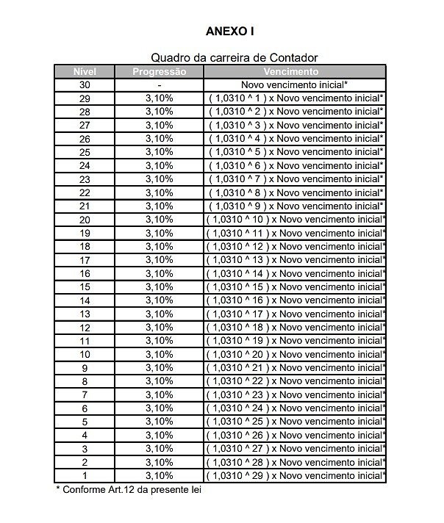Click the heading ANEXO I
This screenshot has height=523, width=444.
pyautogui.click(x=230, y=32)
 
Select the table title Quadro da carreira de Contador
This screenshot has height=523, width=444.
pyautogui.click(x=234, y=57)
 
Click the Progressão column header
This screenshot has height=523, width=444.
pyautogui.click(x=159, y=71)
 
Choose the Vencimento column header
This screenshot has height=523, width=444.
pyautogui.click(x=294, y=71)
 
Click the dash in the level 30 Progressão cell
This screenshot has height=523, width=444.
pyautogui.click(x=159, y=85)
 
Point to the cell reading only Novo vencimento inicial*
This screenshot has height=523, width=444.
pyautogui.click(x=294, y=84)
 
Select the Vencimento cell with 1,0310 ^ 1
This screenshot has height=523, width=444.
pyautogui.click(x=295, y=98)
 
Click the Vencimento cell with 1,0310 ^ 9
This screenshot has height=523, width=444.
pyautogui.click(x=295, y=206)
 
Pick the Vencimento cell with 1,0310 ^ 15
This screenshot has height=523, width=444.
pyautogui.click(x=295, y=286)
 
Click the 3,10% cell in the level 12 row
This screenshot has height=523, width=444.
pyautogui.click(x=159, y=327)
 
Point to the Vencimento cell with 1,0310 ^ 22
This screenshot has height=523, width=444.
pyautogui.click(x=295, y=380)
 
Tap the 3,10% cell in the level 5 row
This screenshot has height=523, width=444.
pyautogui.click(x=159, y=422)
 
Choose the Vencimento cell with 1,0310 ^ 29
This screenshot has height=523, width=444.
pyautogui.click(x=295, y=475)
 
